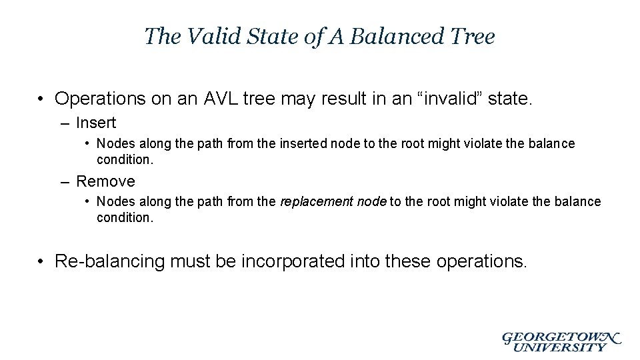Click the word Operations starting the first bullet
99,99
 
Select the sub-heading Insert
96,123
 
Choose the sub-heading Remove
105,181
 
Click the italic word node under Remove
372,201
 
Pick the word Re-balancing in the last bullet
109,261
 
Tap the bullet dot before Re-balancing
42,261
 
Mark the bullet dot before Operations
42,99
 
